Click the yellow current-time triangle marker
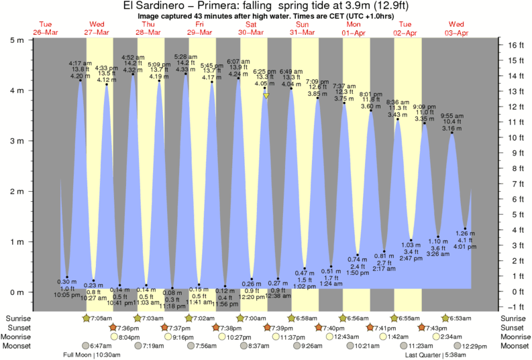click(266, 97)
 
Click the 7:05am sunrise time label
click(103, 317)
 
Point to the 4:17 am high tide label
click(80, 64)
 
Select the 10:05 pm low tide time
click(67, 294)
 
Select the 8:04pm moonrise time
click(130, 337)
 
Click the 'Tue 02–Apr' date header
click(407, 28)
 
